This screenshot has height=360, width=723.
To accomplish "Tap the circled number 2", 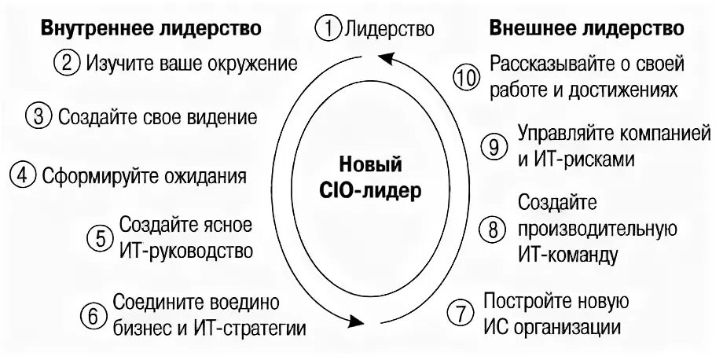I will (68, 63).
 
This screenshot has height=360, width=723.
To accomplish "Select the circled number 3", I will (39, 117).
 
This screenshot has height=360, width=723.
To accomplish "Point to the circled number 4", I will (24, 174).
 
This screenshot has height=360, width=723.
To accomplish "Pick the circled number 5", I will (100, 238).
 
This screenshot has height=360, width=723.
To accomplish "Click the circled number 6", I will (93, 315).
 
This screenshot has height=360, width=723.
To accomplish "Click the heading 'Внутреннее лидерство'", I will (150, 28).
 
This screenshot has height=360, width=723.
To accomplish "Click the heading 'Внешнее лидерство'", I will (586, 28).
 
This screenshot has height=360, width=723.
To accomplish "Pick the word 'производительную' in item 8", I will (597, 229).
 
